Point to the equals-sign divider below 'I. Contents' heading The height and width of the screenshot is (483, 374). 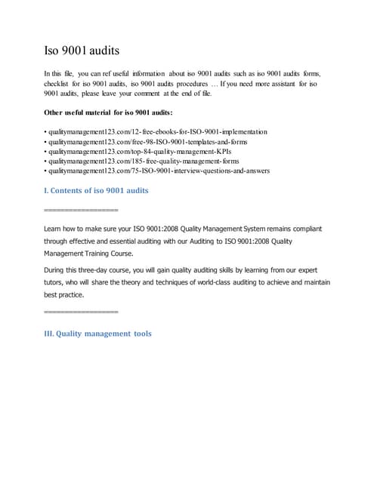(82, 209)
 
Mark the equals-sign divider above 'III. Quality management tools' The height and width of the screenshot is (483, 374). (82, 311)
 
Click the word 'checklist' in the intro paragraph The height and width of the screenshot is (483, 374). (60, 84)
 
